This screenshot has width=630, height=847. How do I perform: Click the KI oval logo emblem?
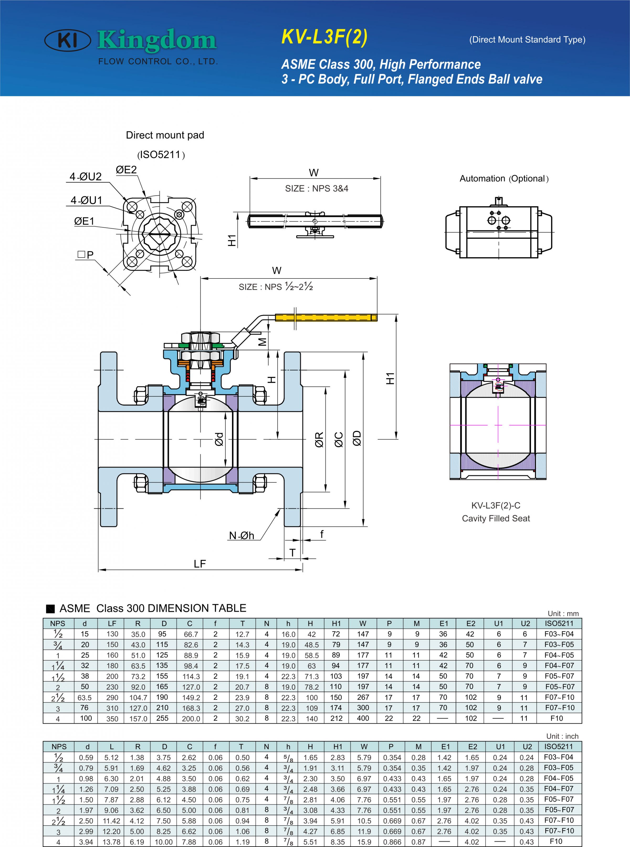pos(67,40)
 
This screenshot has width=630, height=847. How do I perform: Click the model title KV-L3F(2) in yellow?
pos(324,37)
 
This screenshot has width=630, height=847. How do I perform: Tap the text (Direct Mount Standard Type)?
pos(527,40)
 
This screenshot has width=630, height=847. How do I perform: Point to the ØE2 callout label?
pos(126,170)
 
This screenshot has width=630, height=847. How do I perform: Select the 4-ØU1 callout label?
pos(87,200)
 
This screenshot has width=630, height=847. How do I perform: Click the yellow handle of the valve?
pos(326,317)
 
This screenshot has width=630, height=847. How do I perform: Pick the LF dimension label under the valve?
pos(199,564)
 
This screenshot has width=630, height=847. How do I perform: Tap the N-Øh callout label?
pos(241,535)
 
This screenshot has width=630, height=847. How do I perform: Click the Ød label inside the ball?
pos(219,439)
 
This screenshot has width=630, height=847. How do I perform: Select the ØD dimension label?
pos(356,438)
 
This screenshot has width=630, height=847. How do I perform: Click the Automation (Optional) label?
pos(504,179)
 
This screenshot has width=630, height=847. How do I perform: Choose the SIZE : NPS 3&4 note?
pos(317,189)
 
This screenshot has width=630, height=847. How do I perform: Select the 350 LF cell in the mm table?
pos(112,719)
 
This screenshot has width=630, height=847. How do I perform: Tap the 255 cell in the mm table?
pos(162,718)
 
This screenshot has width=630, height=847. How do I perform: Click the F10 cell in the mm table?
pos(557,718)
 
